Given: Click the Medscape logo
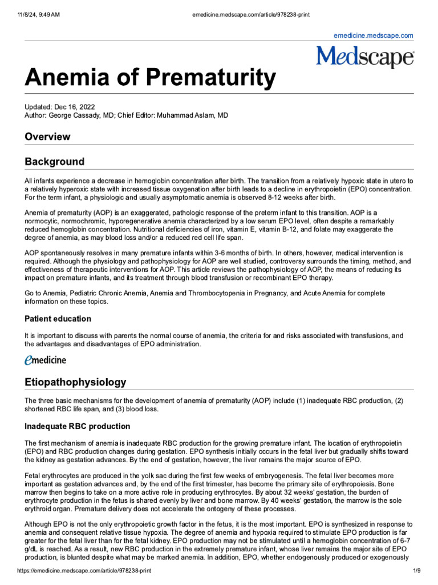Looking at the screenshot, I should pos(365,57).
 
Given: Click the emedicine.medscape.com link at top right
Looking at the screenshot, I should pos(373,35).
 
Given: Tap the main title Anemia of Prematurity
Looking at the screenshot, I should pos(150,78).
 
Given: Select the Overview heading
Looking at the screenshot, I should pos(47,137).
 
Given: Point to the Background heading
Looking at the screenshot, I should pos(54,162).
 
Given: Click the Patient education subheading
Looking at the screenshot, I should pos(58,318).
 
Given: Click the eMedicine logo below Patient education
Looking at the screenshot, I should pos(45,360).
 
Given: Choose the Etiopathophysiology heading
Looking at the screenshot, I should pos(75,382).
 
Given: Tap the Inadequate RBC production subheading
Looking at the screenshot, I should pos(77,426).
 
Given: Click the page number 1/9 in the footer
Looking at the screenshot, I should pos(416,571).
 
